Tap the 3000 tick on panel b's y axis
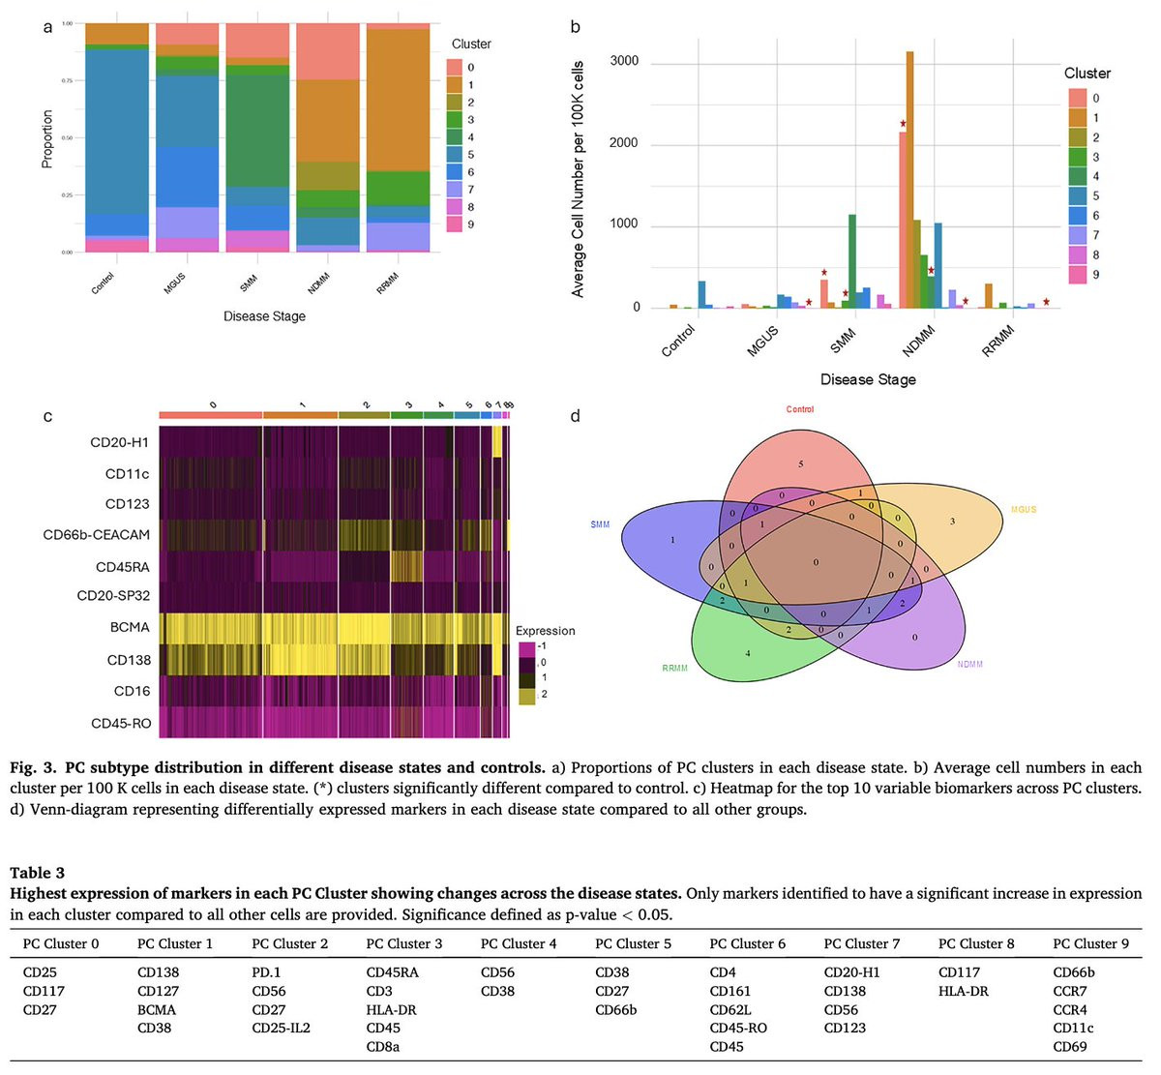pyautogui.click(x=624, y=62)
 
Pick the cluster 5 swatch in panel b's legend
pyautogui.click(x=1077, y=196)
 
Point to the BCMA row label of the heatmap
pyautogui.click(x=130, y=627)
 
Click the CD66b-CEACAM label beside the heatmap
pyautogui.click(x=96, y=534)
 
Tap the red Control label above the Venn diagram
pyautogui.click(x=800, y=409)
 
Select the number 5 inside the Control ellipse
pyautogui.click(x=801, y=464)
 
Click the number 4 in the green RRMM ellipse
pyautogui.click(x=748, y=654)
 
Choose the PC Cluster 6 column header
pyautogui.click(x=747, y=943)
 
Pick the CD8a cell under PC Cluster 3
pyautogui.click(x=382, y=1046)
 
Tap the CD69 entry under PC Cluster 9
pyautogui.click(x=1069, y=1046)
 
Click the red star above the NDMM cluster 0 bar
pyautogui.click(x=903, y=124)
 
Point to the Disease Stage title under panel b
pyautogui.click(x=867, y=379)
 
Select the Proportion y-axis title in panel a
pyautogui.click(x=46, y=138)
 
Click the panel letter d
pyautogui.click(x=576, y=417)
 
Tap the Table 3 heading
pyautogui.click(x=37, y=873)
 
